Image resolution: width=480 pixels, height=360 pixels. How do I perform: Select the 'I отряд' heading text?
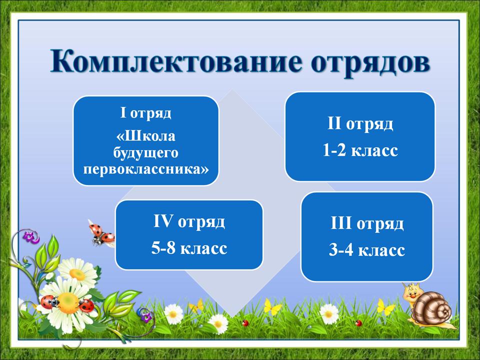[145, 113]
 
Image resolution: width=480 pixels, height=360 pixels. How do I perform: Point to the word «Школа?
[146, 136]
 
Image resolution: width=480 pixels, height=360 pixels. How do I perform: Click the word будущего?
[145, 152]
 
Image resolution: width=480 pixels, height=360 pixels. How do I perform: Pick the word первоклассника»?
[146, 168]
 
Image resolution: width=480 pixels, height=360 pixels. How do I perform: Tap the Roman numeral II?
[334, 123]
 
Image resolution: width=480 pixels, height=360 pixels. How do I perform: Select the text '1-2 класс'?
[360, 150]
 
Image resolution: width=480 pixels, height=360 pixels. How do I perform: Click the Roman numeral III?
[341, 223]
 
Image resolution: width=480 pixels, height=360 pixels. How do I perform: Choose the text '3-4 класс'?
[366, 250]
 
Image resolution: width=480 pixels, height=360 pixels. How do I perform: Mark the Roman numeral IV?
[163, 221]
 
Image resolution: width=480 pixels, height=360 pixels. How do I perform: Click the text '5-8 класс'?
[189, 248]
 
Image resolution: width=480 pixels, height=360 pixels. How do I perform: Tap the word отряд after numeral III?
[380, 224]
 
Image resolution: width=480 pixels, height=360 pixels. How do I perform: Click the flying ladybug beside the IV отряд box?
[101, 233]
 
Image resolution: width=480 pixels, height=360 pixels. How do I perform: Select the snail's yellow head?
[411, 293]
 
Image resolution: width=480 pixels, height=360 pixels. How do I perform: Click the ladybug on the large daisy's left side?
[49, 302]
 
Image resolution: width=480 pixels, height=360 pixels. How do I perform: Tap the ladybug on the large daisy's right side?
[86, 305]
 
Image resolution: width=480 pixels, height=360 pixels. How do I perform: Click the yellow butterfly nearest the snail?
[384, 307]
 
